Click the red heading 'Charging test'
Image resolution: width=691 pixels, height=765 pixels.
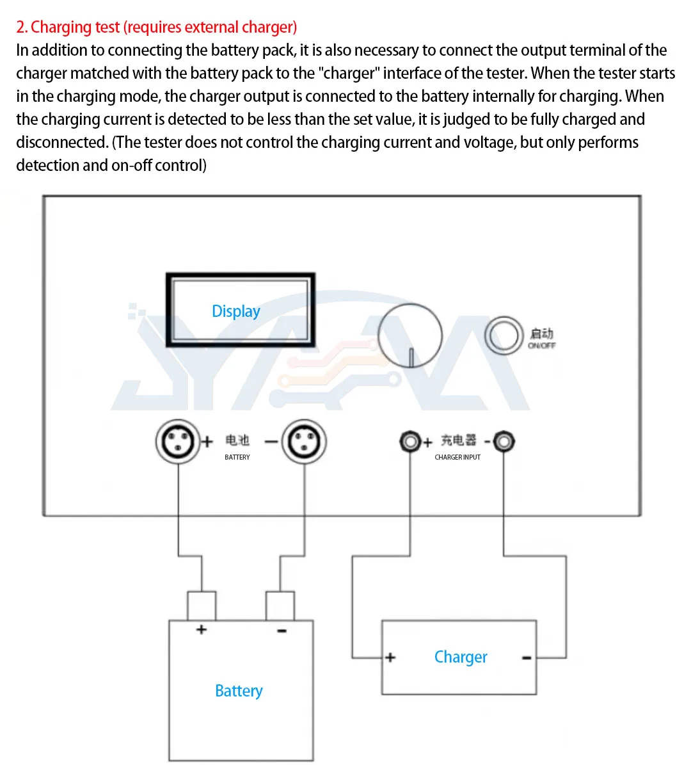tap(157, 28)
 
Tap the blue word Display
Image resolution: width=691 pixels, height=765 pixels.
tap(236, 311)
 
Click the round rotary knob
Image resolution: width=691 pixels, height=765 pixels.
tap(409, 337)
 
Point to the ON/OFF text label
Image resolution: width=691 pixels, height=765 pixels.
tap(541, 346)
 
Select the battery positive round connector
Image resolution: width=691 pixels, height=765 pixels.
tap(177, 441)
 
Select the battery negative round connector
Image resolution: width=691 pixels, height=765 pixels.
tap(304, 441)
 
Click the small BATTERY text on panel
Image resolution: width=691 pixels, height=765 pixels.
tap(237, 457)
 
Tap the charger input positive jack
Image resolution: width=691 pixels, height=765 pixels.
tap(409, 441)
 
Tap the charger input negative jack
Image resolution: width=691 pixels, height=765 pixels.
tap(504, 441)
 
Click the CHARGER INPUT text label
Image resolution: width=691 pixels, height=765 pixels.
tap(457, 457)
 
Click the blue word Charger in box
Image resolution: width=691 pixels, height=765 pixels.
tap(461, 657)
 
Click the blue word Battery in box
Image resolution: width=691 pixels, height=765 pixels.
tap(239, 691)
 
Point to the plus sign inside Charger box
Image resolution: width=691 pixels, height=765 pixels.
tap(390, 657)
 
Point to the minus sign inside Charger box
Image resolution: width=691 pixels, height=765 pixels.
tap(527, 657)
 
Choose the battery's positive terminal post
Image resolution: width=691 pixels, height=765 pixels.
tap(201, 606)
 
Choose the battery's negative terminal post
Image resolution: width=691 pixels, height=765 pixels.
tap(280, 606)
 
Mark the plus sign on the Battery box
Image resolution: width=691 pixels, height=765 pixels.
tap(202, 629)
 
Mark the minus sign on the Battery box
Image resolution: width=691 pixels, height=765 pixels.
tap(282, 631)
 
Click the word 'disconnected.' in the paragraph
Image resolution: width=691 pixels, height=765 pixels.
tap(62, 142)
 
